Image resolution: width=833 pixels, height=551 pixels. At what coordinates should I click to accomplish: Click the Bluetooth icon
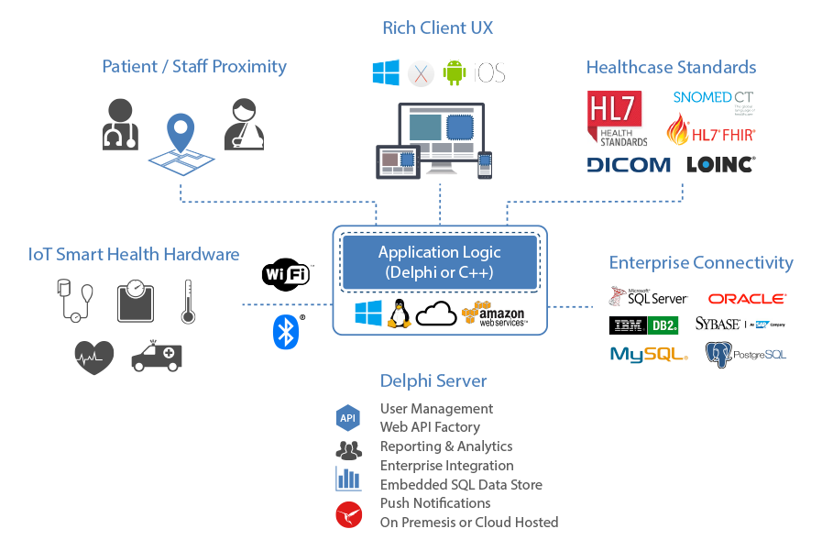point(286,331)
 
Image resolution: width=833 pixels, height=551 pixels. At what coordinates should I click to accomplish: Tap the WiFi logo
point(286,274)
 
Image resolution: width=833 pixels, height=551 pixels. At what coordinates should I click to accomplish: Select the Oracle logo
point(746,299)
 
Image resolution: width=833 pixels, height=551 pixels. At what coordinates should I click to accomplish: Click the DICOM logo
point(629,165)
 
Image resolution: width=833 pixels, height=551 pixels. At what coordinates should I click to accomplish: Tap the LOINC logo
point(720,165)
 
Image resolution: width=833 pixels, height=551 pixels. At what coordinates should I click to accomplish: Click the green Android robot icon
point(454,72)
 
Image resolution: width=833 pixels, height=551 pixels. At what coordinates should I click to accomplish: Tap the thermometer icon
point(188,302)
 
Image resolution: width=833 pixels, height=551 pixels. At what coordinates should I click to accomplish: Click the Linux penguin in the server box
point(399,314)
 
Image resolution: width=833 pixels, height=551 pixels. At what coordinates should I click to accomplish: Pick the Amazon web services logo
point(494,314)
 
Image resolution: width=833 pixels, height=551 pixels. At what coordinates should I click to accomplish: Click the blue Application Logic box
point(440,261)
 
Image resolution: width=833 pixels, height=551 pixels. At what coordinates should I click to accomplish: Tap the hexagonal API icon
point(348,418)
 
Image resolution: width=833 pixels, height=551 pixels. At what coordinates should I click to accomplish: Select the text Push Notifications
point(435,502)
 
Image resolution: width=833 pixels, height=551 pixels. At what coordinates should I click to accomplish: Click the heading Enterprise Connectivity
point(701,262)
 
